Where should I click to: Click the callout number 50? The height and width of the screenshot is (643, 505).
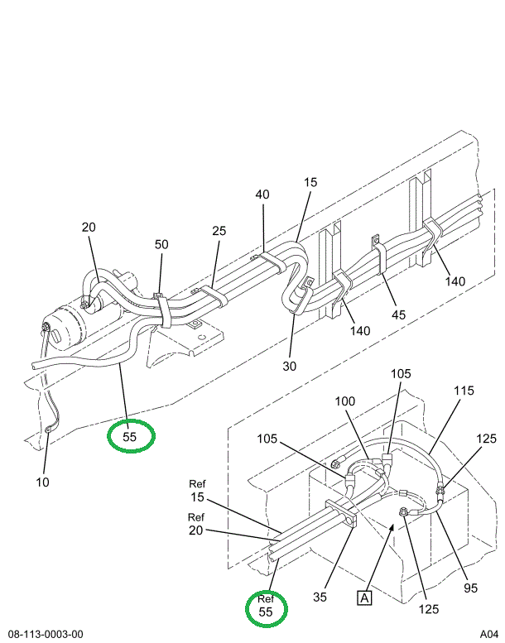click(x=161, y=244)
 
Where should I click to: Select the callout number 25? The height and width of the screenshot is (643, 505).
click(x=219, y=231)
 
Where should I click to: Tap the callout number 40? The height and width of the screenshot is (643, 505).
click(x=262, y=194)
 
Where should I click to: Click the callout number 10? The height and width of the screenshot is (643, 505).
click(x=43, y=482)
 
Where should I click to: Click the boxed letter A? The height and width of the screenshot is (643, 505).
click(x=363, y=595)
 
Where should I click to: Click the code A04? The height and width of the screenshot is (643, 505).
click(x=489, y=634)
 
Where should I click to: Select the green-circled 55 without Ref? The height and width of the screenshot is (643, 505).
click(x=131, y=435)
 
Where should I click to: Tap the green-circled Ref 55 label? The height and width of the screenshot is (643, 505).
click(x=266, y=606)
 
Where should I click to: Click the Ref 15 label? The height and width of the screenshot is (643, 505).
click(x=197, y=491)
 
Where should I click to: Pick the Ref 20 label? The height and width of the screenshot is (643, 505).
click(x=197, y=524)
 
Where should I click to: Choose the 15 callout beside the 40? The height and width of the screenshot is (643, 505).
click(x=310, y=181)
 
